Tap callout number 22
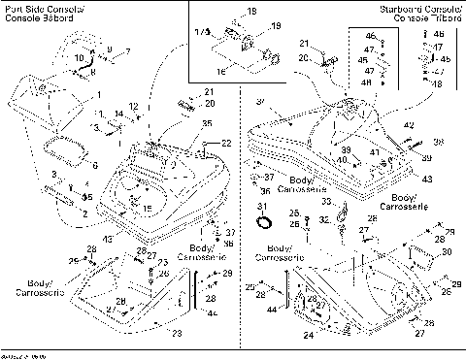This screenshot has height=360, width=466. (226, 144)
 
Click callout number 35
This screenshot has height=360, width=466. (207, 124)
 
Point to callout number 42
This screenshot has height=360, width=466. (409, 126)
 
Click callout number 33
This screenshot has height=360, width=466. (326, 202)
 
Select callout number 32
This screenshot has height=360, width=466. (322, 220)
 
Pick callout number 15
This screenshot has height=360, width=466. (148, 209)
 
